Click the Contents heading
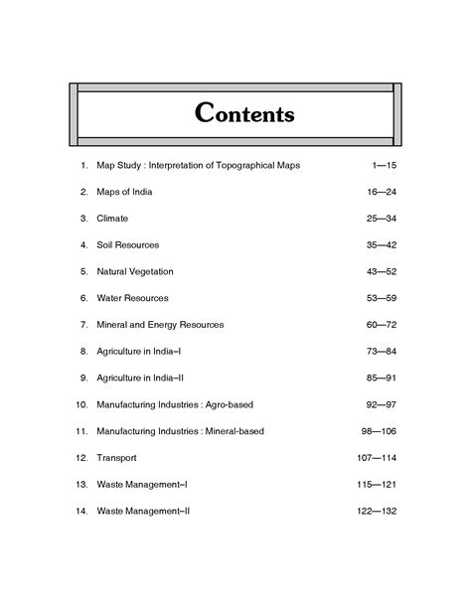point(244,113)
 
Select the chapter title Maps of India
point(124,191)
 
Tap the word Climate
point(112,218)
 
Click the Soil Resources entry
point(128,244)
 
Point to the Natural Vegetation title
point(135,271)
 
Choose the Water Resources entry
point(132,298)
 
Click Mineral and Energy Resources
point(160,325)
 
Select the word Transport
point(116,458)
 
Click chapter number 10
point(81,404)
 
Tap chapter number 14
point(81,512)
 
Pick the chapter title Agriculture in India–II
point(140,379)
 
